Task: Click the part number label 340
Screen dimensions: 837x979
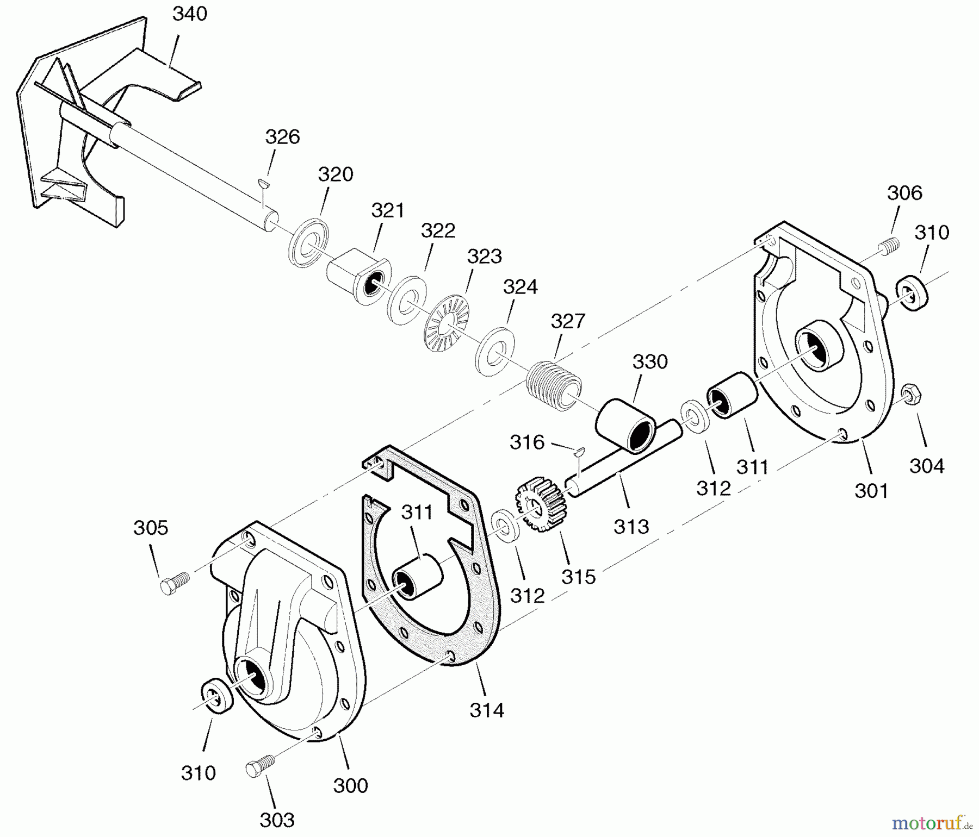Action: point(190,14)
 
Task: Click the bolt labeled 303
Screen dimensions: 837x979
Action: point(257,767)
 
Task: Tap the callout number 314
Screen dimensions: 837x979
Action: point(486,710)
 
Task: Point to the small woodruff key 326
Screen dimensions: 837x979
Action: point(264,182)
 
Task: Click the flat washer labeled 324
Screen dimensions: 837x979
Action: point(495,351)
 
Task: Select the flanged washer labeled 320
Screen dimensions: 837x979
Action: point(308,242)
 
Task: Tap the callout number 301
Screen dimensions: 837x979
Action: point(871,490)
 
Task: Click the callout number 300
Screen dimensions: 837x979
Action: point(350,785)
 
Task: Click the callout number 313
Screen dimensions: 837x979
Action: point(631,526)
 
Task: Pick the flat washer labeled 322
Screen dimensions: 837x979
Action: point(406,301)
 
